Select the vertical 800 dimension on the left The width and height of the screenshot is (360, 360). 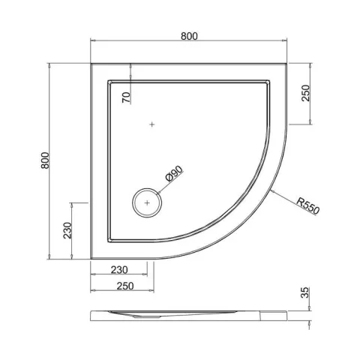pyautogui.click(x=46, y=160)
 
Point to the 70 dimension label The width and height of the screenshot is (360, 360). pyautogui.click(x=127, y=96)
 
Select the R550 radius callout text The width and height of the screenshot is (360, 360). pyautogui.click(x=307, y=204)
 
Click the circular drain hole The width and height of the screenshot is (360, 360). pyautogui.click(x=147, y=202)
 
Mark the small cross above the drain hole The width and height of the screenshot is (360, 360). pyautogui.click(x=152, y=124)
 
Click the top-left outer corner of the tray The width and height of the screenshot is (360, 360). pyautogui.click(x=91, y=64)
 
